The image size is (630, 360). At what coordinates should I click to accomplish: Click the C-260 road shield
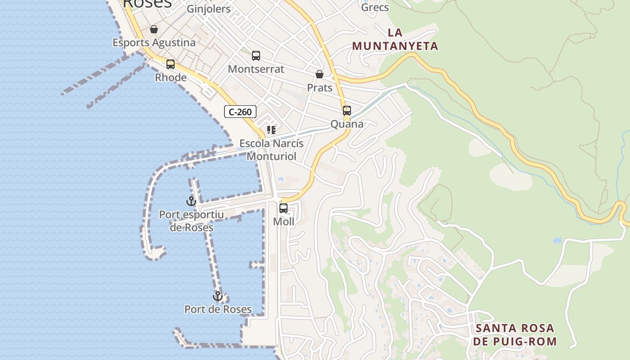coord(240,112)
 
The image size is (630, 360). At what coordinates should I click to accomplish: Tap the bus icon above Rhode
coord(171,64)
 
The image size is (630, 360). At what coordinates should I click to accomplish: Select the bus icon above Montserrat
coord(256,56)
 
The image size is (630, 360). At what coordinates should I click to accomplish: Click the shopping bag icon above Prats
coord(319,74)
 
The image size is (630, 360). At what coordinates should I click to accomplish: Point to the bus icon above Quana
coord(346,111)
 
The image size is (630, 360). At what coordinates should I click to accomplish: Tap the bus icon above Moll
coord(283,208)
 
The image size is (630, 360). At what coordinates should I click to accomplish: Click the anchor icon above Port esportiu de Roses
coord(191,201)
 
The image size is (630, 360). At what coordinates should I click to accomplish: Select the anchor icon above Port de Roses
coord(218,296)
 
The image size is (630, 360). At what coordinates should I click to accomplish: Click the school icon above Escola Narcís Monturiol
coord(271,130)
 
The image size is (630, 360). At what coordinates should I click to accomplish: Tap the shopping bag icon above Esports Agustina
coord(154,29)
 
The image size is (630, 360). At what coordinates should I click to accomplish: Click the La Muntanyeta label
coord(395,39)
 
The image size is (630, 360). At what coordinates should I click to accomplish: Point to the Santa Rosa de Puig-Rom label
coord(515,334)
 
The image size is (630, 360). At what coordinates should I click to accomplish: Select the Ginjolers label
coord(208,9)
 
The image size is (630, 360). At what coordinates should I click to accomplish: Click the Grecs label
coord(375,7)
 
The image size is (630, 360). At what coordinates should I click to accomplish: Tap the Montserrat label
coord(256,69)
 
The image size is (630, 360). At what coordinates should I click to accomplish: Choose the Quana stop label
coord(346,124)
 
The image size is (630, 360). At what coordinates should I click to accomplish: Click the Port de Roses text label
coord(218,309)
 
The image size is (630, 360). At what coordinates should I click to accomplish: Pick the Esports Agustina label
coord(154,42)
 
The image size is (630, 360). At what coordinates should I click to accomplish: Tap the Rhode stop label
coord(171,77)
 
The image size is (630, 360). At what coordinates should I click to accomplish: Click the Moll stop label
coord(283,221)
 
